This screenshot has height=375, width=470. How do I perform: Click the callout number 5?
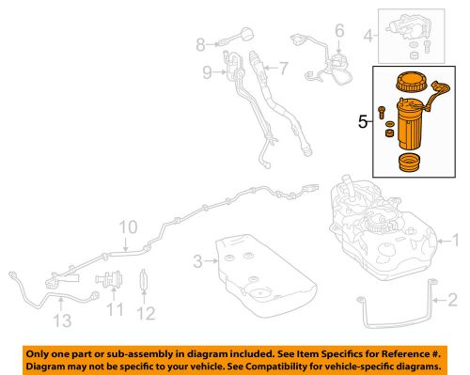[362, 121]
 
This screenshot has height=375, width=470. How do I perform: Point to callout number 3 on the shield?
[196, 259]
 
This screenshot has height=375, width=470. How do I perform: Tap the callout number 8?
[200, 44]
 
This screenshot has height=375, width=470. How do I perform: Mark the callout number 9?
[207, 70]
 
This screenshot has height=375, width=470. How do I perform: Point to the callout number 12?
[146, 312]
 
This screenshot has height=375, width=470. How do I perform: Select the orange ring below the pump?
[410, 165]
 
